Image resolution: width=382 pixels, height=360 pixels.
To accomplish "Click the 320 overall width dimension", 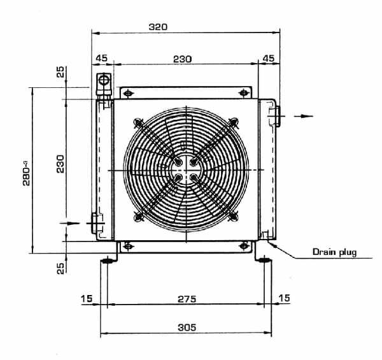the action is click(x=158, y=27).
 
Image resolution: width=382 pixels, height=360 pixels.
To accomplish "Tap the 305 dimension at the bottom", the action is click(x=187, y=328).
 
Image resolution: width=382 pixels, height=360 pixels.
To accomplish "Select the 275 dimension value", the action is click(x=187, y=299).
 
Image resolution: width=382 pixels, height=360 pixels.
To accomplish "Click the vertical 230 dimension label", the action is click(x=60, y=164).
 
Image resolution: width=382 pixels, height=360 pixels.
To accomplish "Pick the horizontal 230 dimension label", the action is click(x=183, y=59).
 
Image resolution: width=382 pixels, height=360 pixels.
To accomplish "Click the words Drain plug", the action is click(x=334, y=252).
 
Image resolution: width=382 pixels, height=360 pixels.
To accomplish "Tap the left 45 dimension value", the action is click(x=101, y=58).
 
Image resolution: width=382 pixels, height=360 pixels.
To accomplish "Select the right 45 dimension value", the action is click(x=269, y=58).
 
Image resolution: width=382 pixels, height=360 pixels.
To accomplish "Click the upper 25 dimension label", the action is click(x=60, y=71).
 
